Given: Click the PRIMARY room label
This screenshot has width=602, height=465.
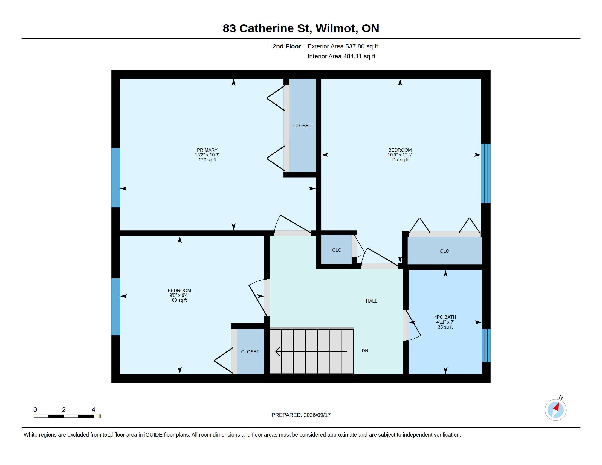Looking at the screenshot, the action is click(x=207, y=150).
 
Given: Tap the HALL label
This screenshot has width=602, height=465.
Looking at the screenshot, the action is click(x=371, y=301).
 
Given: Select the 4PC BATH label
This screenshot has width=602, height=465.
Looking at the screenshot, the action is click(x=445, y=317).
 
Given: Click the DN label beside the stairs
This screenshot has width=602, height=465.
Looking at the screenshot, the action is click(x=365, y=351).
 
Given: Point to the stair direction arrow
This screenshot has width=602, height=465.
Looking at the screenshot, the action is click(x=311, y=351).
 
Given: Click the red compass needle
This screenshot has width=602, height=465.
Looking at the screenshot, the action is click(x=557, y=407).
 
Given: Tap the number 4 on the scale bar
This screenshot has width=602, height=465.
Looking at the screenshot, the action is click(x=93, y=410).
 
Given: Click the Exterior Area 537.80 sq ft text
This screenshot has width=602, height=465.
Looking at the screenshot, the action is click(x=343, y=46).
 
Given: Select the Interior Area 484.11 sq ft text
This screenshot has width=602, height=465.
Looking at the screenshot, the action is click(x=341, y=56).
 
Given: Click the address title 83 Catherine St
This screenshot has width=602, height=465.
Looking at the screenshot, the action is click(x=267, y=28).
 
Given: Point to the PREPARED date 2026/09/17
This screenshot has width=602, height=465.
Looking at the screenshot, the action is click(x=317, y=415).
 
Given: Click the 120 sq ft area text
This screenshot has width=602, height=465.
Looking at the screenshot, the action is click(x=207, y=160).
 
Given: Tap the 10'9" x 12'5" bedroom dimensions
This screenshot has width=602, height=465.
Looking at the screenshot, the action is click(x=400, y=155).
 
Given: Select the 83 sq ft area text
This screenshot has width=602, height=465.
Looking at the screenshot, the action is click(x=179, y=300).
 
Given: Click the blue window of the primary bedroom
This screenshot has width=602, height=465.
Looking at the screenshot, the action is click(x=116, y=178).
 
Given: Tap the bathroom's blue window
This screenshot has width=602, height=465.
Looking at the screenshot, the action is click(x=486, y=345).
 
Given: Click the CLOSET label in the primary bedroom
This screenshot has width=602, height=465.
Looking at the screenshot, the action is click(x=302, y=126).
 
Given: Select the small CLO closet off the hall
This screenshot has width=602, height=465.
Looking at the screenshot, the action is click(x=337, y=250).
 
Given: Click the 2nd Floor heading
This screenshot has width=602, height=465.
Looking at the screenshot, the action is click(x=287, y=46).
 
